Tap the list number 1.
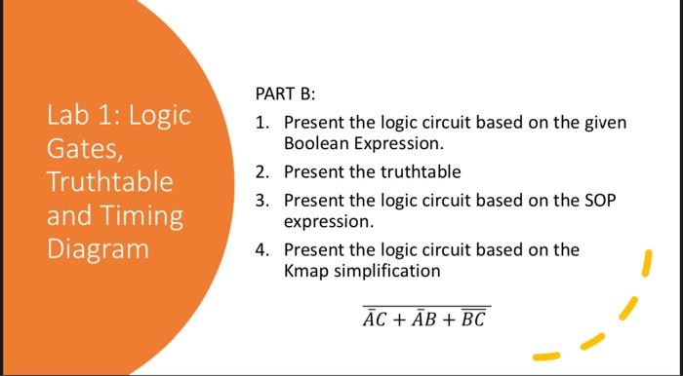point(261,124)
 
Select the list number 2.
point(261,172)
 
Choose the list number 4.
point(261,249)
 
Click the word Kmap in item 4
point(305,270)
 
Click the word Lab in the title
point(66,117)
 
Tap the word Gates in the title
point(81,150)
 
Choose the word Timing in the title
point(142,214)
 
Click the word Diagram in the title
point(98,247)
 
